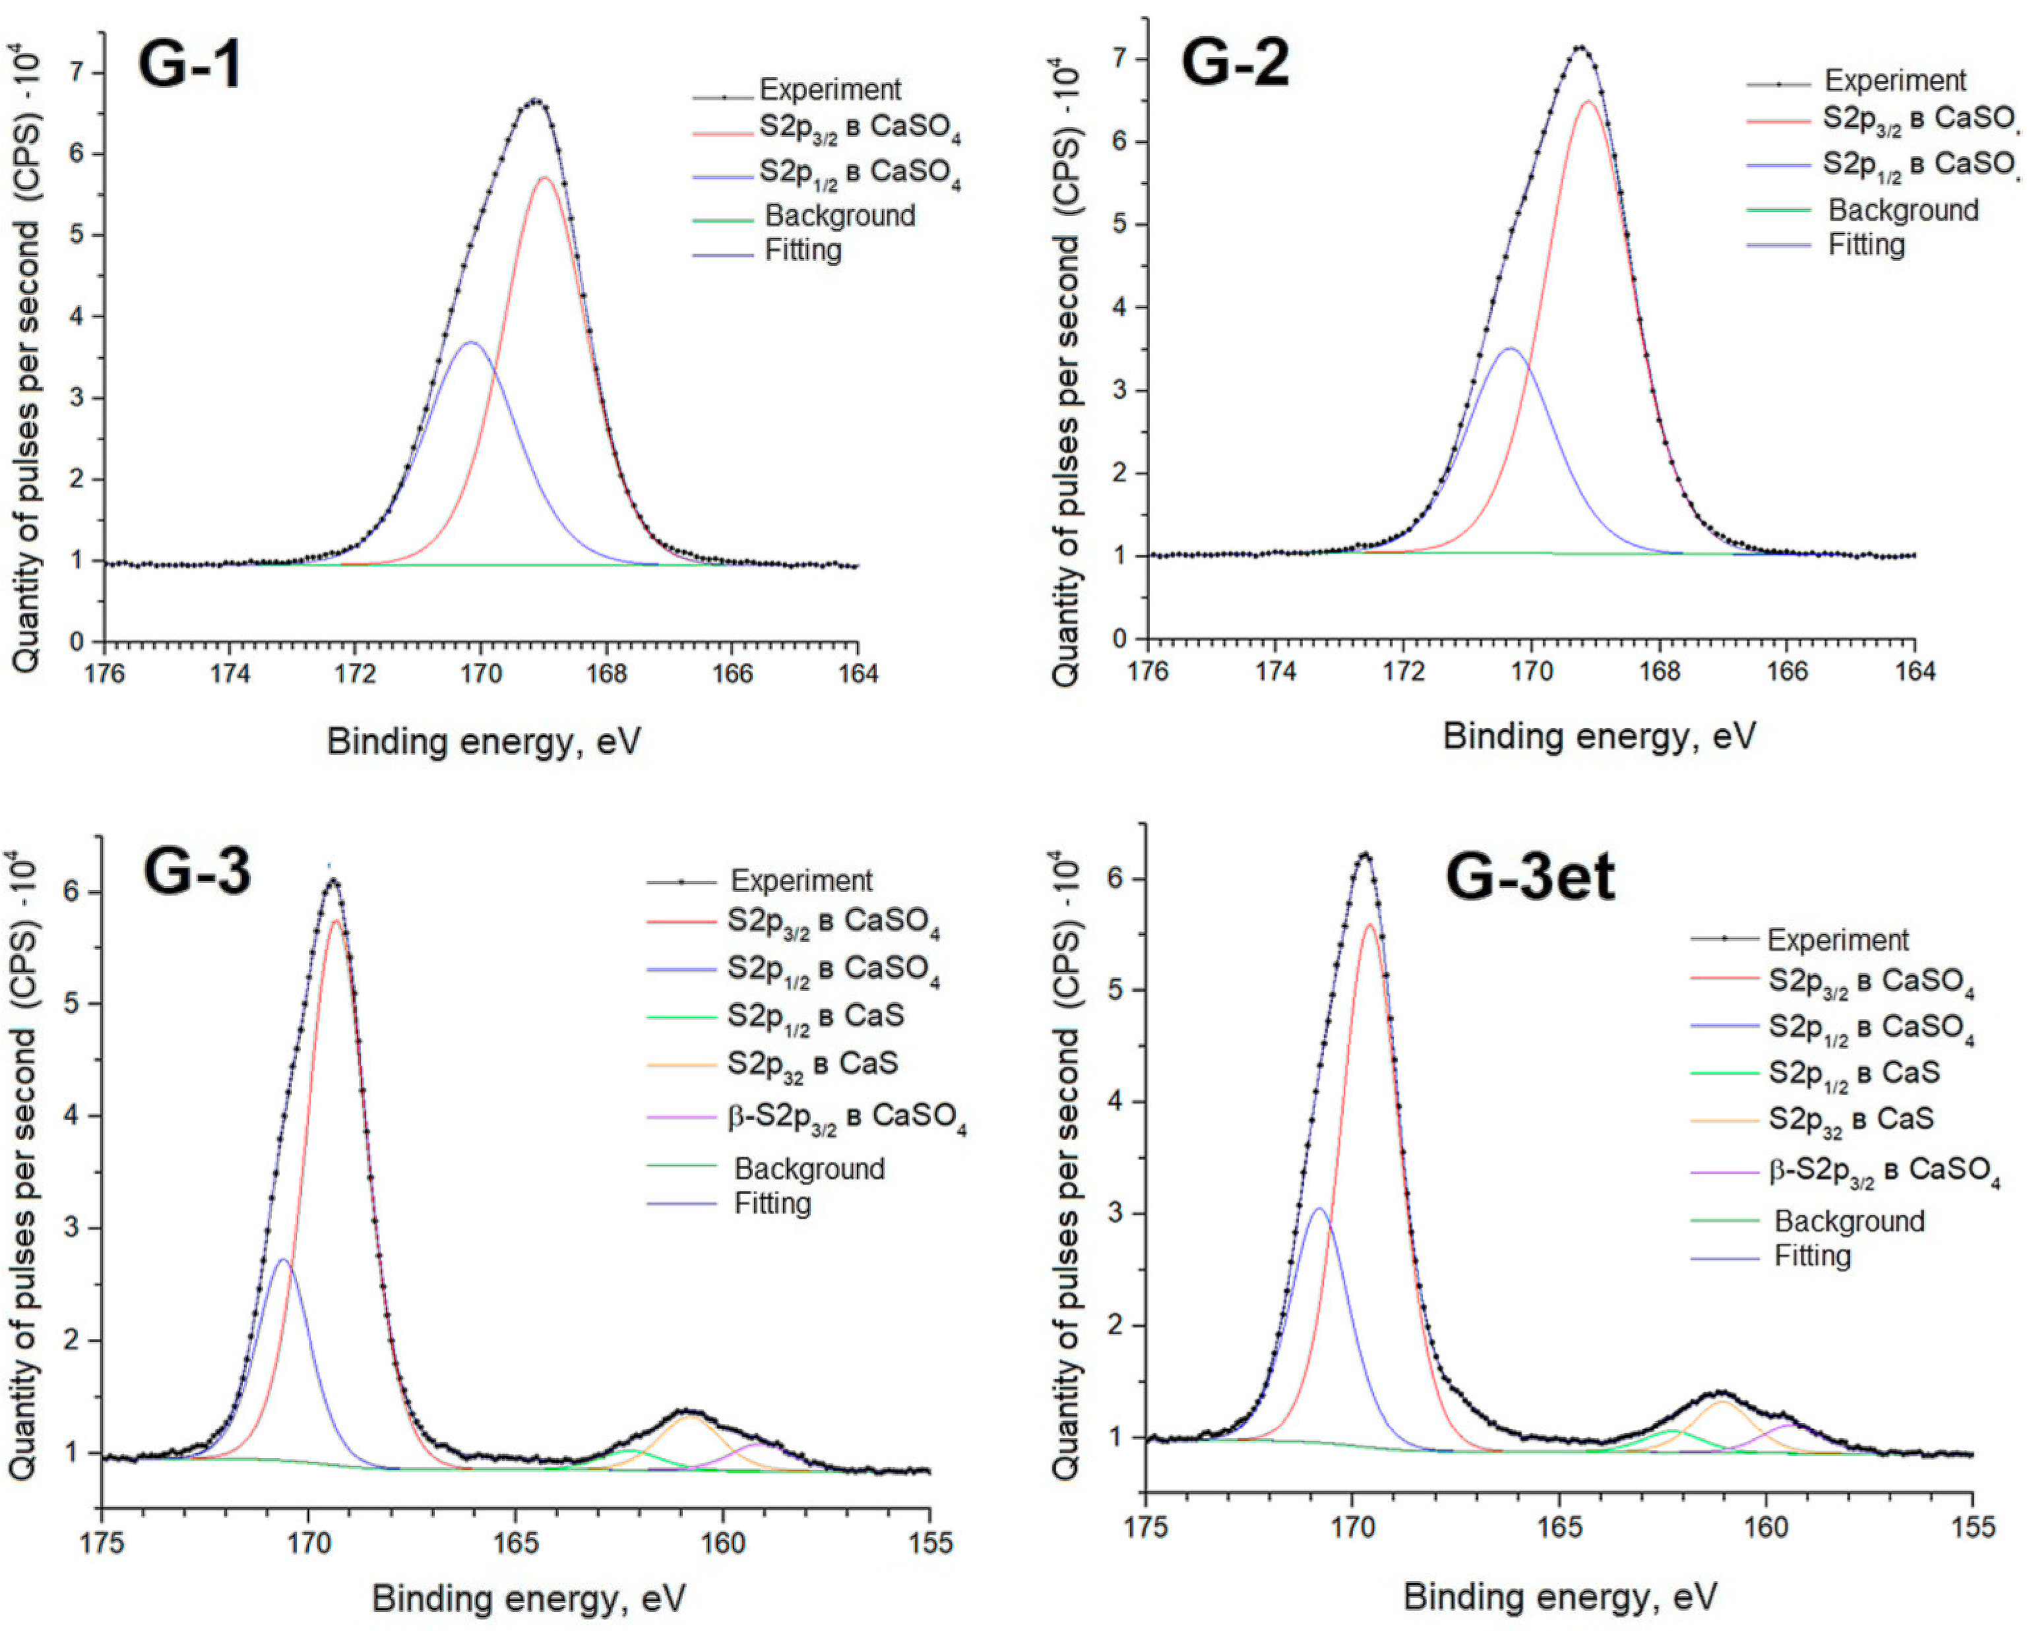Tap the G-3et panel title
(x=1530, y=877)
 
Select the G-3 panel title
(x=197, y=871)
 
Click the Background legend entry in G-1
(x=838, y=216)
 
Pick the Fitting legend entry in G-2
(x=1865, y=245)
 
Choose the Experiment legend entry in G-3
(x=801, y=881)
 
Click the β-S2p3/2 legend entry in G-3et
(x=1883, y=1171)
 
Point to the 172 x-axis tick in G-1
(x=356, y=674)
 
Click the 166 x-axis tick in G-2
(x=1788, y=671)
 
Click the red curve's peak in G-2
(x=1588, y=102)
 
